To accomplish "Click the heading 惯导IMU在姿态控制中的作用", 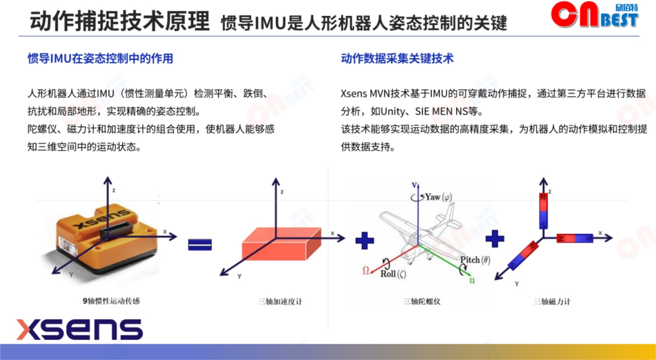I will (100, 58).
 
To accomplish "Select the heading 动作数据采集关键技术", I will (397, 58).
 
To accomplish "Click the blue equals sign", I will (200, 244).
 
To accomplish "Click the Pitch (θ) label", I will (475, 260).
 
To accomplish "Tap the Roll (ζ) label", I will (393, 274).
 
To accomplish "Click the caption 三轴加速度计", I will (280, 301).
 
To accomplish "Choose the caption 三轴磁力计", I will (552, 301).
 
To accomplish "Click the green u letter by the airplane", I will (472, 280).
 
